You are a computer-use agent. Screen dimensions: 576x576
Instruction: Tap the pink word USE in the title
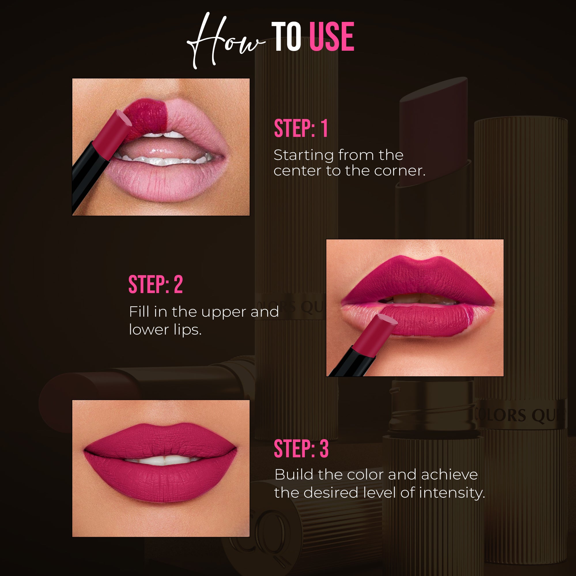click(332, 37)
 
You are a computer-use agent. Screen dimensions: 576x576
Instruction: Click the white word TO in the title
click(286, 37)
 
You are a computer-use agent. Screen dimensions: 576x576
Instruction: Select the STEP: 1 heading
click(301, 129)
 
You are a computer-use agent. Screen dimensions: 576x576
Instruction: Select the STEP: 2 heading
click(155, 284)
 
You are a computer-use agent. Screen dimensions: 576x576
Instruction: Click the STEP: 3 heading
click(301, 449)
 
